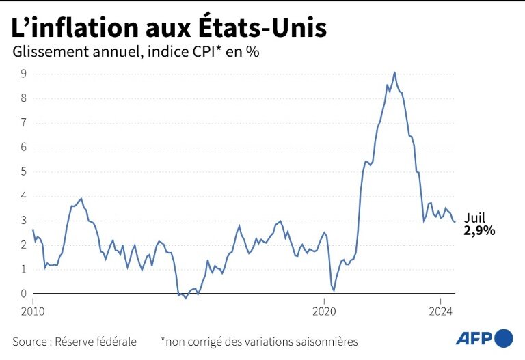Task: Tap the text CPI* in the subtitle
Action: (206, 53)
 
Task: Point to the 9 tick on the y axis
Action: (23, 74)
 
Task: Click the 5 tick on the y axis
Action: (23, 171)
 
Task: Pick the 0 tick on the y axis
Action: (23, 294)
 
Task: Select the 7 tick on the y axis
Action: (23, 123)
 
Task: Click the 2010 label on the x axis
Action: (33, 311)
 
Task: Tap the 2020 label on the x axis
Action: (324, 311)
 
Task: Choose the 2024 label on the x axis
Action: (440, 311)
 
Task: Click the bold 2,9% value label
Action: (479, 231)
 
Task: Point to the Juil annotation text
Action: (474, 218)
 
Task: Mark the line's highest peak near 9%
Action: (394, 72)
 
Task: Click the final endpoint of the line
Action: (455, 223)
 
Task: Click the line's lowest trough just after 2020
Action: (334, 291)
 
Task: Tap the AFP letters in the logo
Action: (474, 337)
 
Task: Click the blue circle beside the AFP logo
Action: (504, 337)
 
